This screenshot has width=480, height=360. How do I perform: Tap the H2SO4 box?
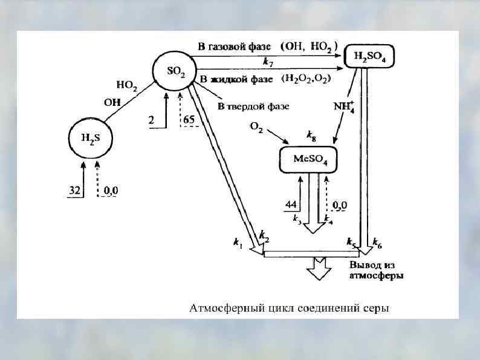[x=369, y=57]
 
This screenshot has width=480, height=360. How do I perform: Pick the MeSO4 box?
[x=308, y=159]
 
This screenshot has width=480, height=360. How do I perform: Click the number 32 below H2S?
[x=74, y=191]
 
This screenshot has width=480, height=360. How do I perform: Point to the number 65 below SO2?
[x=189, y=120]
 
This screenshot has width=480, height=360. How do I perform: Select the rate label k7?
[x=267, y=62]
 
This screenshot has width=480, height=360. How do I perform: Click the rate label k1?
[x=238, y=243]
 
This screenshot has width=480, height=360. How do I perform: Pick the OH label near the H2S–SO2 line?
[x=112, y=102]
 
